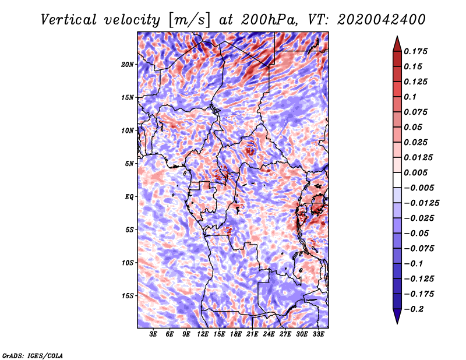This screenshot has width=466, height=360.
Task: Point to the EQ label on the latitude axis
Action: click(129, 196)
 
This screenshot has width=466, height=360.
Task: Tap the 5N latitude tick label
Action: click(130, 164)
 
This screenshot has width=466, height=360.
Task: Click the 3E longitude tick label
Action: click(154, 334)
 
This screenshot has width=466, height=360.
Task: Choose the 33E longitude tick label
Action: click(319, 334)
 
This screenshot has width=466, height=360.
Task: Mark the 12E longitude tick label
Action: click(203, 334)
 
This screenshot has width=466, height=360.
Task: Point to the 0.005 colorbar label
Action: click(417, 172)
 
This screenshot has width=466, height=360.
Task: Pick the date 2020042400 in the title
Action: click(382, 19)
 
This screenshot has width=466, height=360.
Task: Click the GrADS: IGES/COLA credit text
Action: click(32, 355)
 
